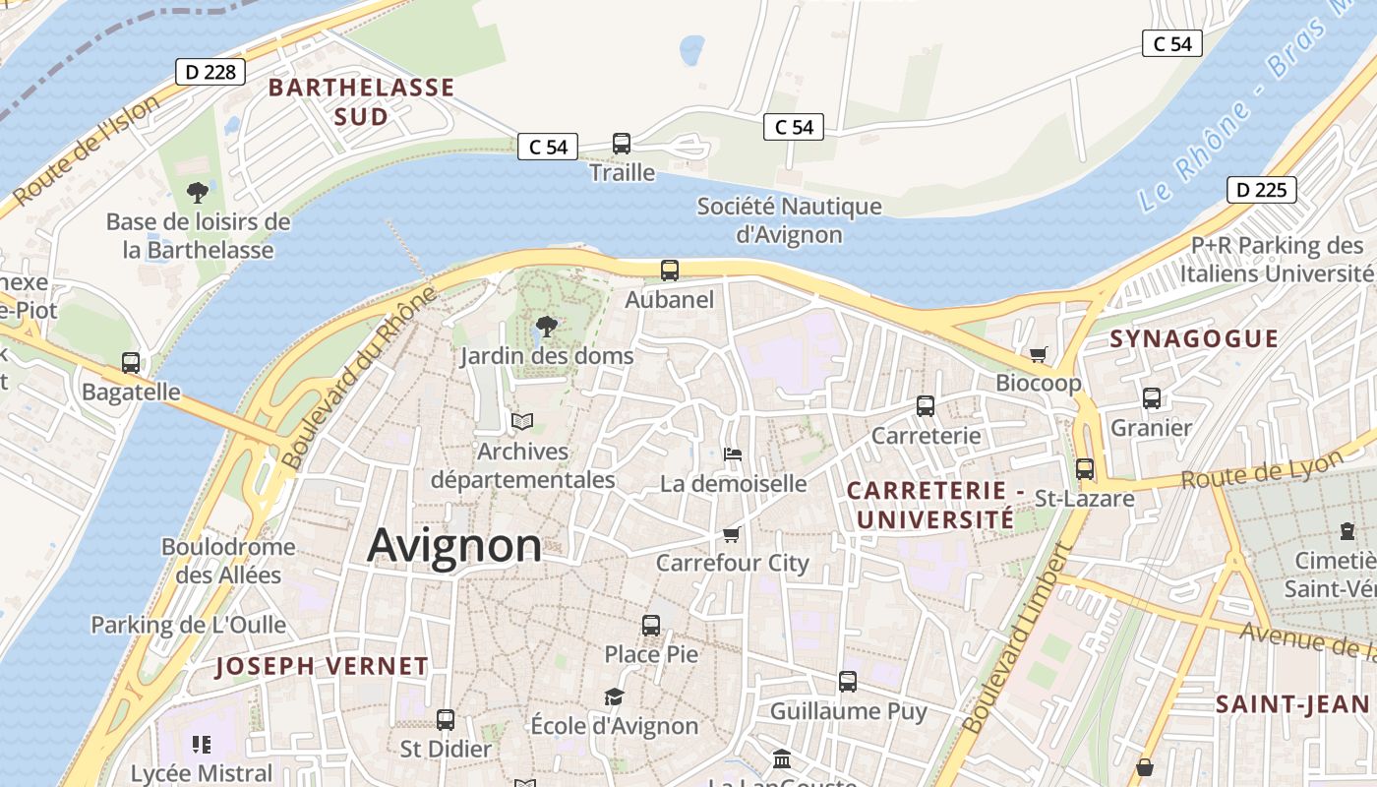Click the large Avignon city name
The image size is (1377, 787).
[x=453, y=546]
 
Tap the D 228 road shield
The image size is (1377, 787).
[x=210, y=71]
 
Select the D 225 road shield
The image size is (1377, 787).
[x=1261, y=190]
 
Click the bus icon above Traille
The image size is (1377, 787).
[x=622, y=144]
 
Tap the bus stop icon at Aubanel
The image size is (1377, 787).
[x=670, y=271]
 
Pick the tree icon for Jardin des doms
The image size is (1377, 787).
[x=546, y=327]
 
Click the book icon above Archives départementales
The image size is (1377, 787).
[x=521, y=422]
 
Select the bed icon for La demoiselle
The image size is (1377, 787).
[x=733, y=454]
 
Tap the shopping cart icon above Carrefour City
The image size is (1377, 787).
[x=731, y=534]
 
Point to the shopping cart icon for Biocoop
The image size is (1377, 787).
[x=1038, y=354]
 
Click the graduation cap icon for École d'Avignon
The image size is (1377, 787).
[x=614, y=697]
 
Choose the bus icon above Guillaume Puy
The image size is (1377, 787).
[x=848, y=682]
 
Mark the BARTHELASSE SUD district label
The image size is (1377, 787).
[x=361, y=101]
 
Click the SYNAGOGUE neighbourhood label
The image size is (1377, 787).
[x=1194, y=339]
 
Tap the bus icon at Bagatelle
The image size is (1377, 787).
[x=131, y=363]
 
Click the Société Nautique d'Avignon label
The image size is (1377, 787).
[x=789, y=220]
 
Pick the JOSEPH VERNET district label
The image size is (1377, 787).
[x=322, y=666]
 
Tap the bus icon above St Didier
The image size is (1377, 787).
[x=446, y=720]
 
